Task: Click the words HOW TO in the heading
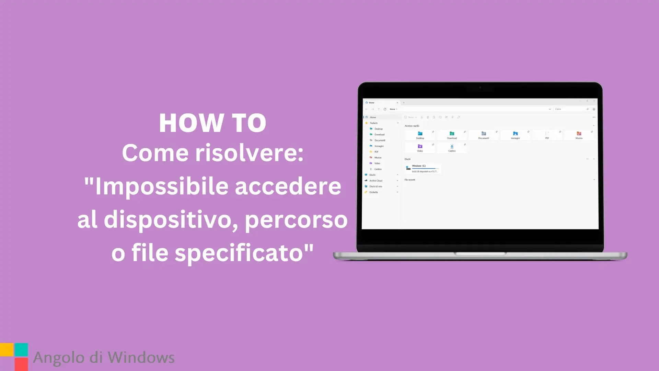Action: (212, 123)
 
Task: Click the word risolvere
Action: (249, 153)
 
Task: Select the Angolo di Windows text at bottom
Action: (104, 358)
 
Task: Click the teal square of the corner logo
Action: (21, 350)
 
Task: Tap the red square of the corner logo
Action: (21, 364)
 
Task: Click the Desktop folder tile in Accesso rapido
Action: (420, 135)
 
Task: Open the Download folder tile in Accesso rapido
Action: (452, 135)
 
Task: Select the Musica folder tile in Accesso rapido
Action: (579, 135)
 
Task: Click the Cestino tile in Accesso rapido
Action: (452, 148)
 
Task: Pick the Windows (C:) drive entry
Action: (423, 168)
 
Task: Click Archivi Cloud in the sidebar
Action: (376, 181)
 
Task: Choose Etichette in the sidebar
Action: (373, 192)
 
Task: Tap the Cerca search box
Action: (570, 109)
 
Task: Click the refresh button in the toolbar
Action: (385, 109)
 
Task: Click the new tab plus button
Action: (404, 103)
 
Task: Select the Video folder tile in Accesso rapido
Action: (420, 148)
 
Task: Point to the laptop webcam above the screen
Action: (480, 88)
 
